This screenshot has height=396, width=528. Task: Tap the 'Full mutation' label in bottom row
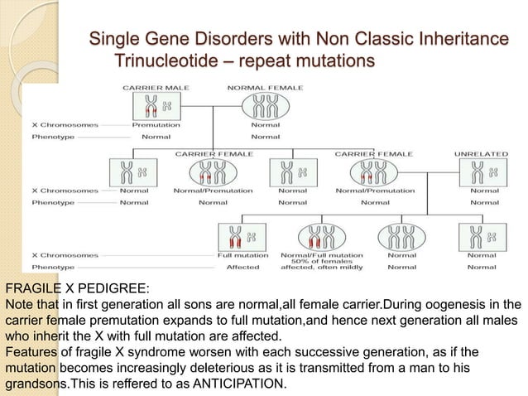pyautogui.click(x=242, y=255)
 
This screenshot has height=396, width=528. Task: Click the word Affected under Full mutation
pyautogui.click(x=242, y=268)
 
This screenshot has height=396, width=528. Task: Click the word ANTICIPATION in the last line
pyautogui.click(x=238, y=384)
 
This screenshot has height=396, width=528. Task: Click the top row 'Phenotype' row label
pyautogui.click(x=51, y=136)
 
